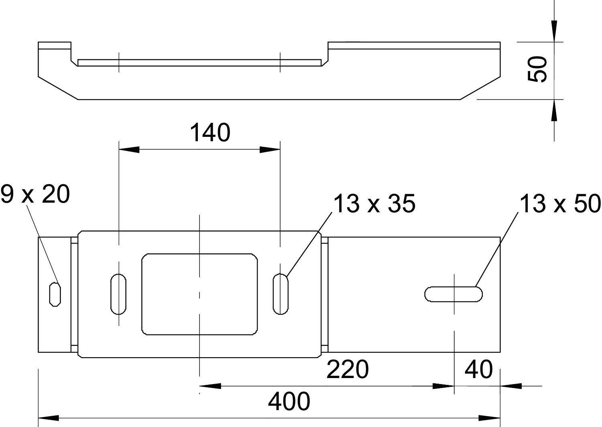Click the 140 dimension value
[210, 133]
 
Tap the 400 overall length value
[289, 401]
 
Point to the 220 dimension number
[347, 369]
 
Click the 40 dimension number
[478, 369]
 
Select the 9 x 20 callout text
[35, 195]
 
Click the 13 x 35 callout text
[374, 204]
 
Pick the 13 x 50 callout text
[560, 204]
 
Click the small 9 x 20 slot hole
[55, 294]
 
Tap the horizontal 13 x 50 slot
[454, 294]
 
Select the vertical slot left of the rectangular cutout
[118, 294]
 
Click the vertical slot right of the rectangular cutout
[281, 294]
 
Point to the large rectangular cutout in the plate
[199, 294]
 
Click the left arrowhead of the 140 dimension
[128, 150]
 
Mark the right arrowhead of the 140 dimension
[270, 150]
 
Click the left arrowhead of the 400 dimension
[48, 418]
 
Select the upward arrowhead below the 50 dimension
[554, 110]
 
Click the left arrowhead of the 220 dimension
[210, 386]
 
